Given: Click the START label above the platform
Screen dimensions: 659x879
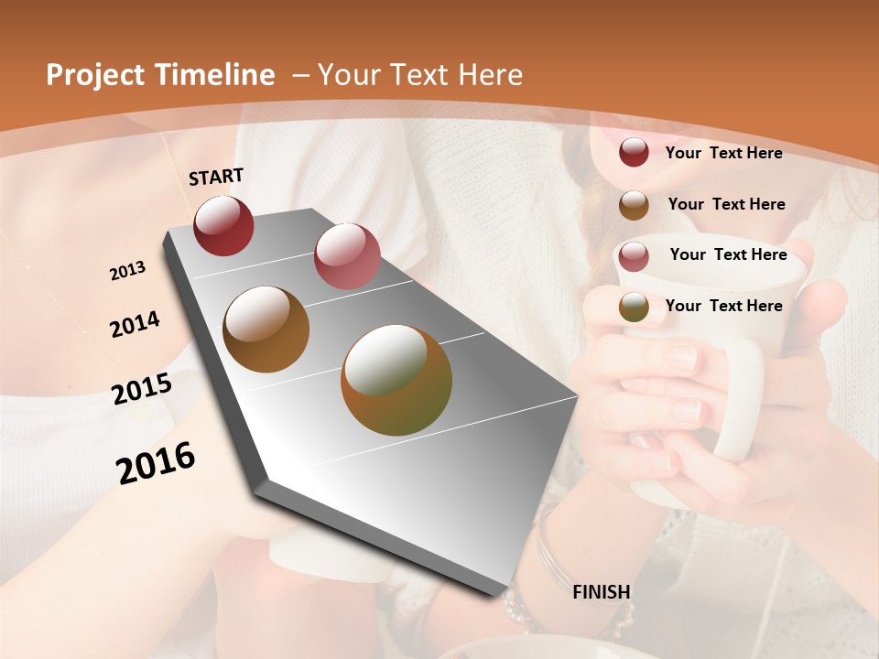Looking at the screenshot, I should (216, 177).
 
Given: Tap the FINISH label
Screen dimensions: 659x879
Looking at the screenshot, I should (602, 592).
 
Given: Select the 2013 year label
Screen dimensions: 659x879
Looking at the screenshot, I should (127, 271).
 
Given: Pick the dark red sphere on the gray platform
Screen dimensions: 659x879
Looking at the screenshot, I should (223, 225).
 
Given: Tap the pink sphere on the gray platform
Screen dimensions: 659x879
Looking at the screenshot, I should (347, 256).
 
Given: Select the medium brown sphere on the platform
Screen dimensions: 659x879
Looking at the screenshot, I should (266, 329).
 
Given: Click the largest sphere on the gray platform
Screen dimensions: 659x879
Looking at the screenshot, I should (396, 380).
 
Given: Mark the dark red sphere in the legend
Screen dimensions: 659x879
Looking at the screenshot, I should (634, 153).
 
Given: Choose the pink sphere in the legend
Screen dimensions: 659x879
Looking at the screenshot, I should (634, 255).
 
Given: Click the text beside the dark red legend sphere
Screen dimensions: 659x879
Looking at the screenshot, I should (723, 153).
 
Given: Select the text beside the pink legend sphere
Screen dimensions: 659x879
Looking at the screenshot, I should (728, 254).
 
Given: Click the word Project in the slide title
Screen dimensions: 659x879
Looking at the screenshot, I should (94, 76).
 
